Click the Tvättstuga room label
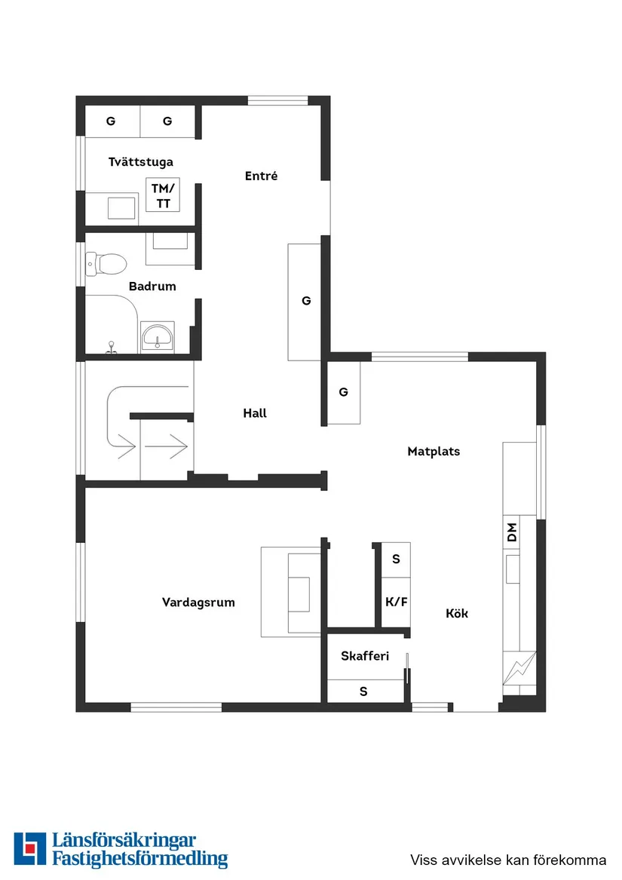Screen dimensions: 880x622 coord(140,162)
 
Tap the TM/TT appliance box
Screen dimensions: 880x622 coord(163,195)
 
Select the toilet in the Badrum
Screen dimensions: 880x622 coord(107,264)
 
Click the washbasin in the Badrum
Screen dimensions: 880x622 coord(158,336)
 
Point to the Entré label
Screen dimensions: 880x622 coord(261,176)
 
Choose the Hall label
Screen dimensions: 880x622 coord(255,413)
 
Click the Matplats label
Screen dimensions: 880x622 coord(434,452)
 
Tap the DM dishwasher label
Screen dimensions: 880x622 coord(512,533)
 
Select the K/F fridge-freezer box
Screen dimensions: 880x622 coord(396,602)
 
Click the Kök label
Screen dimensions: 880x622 coord(457,614)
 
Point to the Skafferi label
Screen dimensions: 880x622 coord(364,656)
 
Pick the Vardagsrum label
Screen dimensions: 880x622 coord(198,603)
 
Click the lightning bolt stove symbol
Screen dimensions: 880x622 coord(520,667)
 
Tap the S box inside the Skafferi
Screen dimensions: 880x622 coord(363,691)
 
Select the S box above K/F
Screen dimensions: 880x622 coord(396,560)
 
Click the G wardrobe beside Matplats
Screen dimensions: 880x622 coord(344,392)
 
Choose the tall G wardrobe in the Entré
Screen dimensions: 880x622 coord(305,301)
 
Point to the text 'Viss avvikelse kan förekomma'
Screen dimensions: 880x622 coord(508,860)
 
